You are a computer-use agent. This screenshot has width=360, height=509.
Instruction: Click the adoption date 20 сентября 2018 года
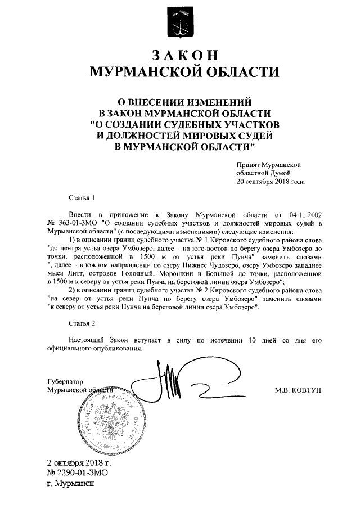click(271, 182)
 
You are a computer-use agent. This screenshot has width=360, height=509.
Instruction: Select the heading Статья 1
click(82, 198)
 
